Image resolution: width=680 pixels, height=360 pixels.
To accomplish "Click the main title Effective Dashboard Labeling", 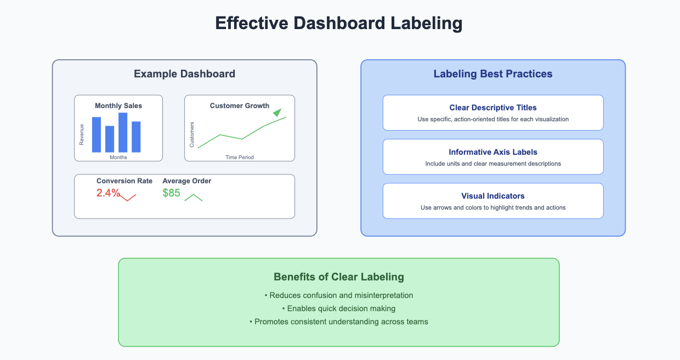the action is (x=339, y=24).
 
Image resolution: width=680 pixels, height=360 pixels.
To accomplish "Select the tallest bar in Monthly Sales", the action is (x=123, y=132).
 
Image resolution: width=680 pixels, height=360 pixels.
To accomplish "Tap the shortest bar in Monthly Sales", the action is (x=110, y=139).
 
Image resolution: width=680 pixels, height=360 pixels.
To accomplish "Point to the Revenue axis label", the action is (x=81, y=134).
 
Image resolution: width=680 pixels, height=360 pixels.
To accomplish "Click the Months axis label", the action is (x=118, y=157).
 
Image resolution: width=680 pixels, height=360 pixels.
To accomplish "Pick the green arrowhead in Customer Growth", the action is (x=277, y=113).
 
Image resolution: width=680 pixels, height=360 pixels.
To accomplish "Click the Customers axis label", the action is (x=191, y=134).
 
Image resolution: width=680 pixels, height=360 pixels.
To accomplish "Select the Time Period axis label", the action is (x=240, y=157).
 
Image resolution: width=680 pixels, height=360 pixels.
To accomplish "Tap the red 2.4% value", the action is (x=108, y=193).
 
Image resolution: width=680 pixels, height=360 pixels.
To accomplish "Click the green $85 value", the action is (x=171, y=193).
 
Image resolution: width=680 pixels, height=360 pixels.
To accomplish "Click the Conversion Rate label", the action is (x=124, y=181).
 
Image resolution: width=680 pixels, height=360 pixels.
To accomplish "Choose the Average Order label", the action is (x=186, y=181).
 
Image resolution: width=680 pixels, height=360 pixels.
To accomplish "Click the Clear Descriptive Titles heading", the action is (x=493, y=108).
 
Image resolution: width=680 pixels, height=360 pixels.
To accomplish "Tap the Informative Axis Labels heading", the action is (x=493, y=152).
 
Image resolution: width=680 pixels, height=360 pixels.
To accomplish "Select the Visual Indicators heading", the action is (x=493, y=196).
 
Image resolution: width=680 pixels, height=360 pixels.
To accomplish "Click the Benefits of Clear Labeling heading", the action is (x=339, y=277).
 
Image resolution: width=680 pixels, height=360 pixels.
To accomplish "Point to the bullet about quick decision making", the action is (x=339, y=308).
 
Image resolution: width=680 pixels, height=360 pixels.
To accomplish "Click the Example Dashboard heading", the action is (x=185, y=74).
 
